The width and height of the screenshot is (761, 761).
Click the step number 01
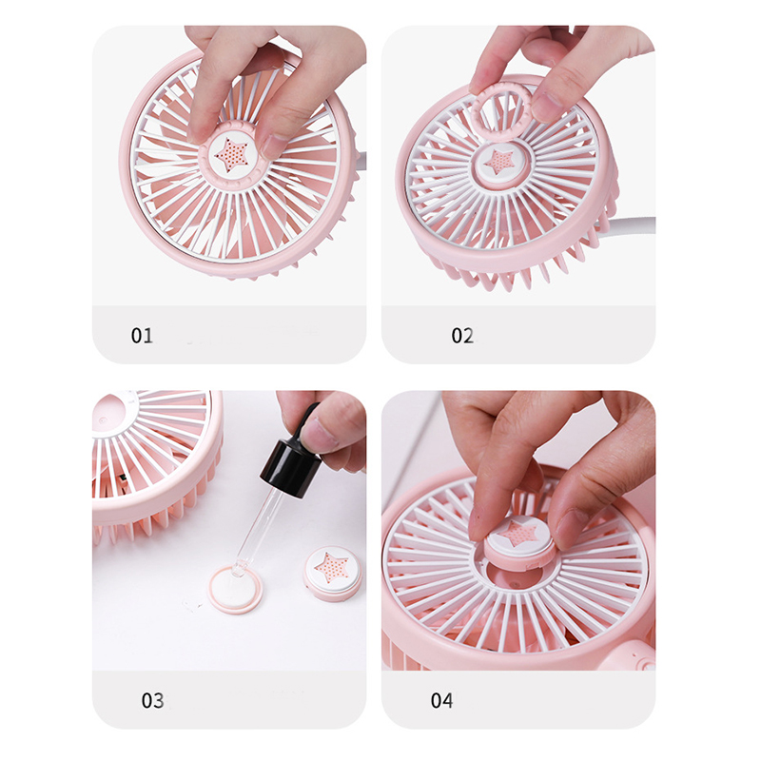[x=142, y=336]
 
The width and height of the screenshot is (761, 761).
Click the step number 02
[x=462, y=336]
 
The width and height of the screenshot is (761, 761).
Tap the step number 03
[x=152, y=700]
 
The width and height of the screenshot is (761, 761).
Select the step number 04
[x=441, y=700]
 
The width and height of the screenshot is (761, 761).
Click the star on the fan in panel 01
[x=231, y=155]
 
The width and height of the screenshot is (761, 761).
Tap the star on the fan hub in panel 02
[x=499, y=162]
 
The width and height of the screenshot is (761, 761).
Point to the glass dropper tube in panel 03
[x=254, y=532]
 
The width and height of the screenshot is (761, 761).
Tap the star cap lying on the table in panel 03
[x=332, y=572]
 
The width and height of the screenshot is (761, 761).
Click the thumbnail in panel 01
[x=273, y=145]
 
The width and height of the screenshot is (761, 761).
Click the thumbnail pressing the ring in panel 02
[x=547, y=107]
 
